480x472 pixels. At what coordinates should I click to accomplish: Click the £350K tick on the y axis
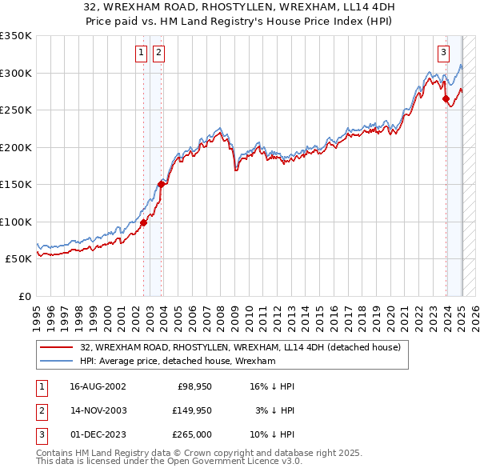pyautogui.click(x=16, y=36)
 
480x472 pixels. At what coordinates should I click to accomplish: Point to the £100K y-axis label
pyautogui.click(x=16, y=222)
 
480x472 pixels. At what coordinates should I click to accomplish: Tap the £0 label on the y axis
pyautogui.click(x=25, y=297)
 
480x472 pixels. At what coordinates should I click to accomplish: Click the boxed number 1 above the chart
pyautogui.click(x=141, y=54)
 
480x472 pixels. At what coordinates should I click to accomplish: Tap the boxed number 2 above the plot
pyautogui.click(x=158, y=54)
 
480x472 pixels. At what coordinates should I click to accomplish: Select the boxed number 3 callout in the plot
pyautogui.click(x=443, y=54)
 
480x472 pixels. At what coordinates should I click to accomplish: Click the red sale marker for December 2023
pyautogui.click(x=446, y=99)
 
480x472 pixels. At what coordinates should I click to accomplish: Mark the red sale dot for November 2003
pyautogui.click(x=161, y=184)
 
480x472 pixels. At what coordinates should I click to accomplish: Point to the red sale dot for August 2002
pyautogui.click(x=144, y=222)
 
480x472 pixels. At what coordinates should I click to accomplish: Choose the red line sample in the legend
pyautogui.click(x=57, y=348)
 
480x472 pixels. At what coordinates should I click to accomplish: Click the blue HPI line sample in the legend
pyautogui.click(x=57, y=362)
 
